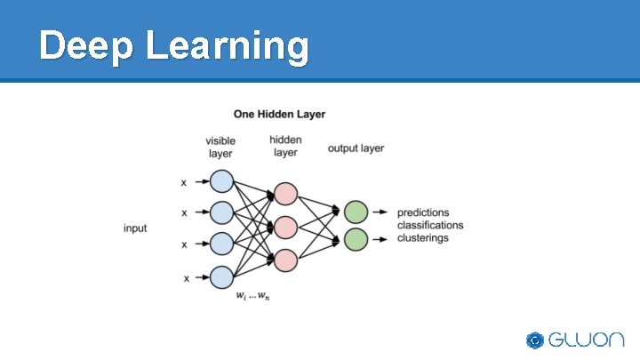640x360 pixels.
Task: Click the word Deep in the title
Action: point(84,45)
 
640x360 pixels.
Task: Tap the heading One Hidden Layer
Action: point(279,114)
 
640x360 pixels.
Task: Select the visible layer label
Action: point(220,148)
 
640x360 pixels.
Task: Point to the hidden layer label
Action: point(285,147)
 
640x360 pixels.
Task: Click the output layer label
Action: point(356,148)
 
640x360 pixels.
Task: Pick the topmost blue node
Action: point(221,182)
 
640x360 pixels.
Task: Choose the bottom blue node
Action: point(221,277)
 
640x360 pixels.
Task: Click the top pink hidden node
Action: point(285,194)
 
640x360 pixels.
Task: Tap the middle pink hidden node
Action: point(285,228)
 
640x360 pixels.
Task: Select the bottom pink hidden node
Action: point(285,260)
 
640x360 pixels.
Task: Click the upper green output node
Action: point(356,212)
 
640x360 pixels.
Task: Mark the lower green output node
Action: point(356,239)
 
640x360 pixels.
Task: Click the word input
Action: point(135,228)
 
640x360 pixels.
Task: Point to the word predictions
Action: point(423,213)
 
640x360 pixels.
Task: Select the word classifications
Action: point(430,226)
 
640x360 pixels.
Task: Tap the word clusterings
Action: point(423,238)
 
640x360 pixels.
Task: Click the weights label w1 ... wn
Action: point(252,296)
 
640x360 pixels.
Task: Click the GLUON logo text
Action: point(586,340)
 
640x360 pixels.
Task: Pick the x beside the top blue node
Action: point(184,183)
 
